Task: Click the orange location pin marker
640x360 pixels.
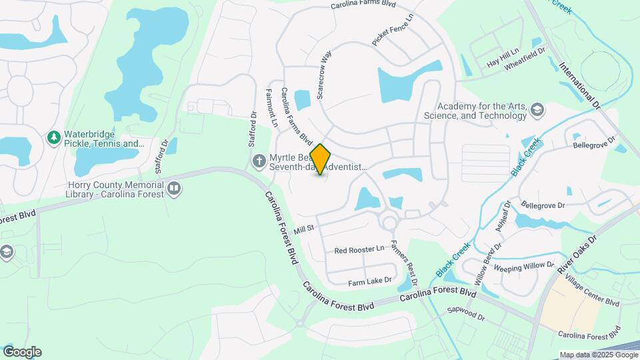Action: [x=321, y=159]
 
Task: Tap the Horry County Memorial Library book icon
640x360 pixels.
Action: [x=174, y=188]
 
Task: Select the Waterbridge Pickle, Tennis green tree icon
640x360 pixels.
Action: [x=54, y=138]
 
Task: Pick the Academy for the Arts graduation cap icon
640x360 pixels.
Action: [x=537, y=110]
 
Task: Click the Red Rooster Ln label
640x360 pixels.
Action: [x=359, y=249]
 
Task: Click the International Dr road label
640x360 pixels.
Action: [x=579, y=85]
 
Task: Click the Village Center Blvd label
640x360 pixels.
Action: [x=591, y=293]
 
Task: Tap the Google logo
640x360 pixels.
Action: [x=22, y=351]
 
